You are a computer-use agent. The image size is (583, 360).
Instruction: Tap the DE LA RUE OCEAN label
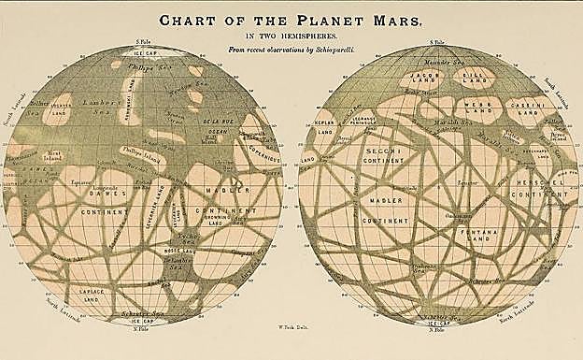216,127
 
